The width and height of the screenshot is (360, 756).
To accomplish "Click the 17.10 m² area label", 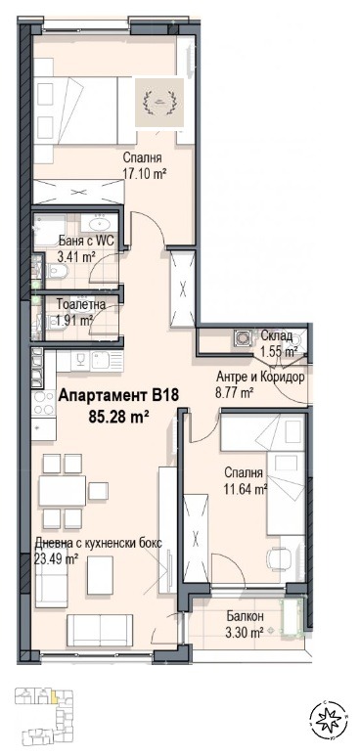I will coord(144,173).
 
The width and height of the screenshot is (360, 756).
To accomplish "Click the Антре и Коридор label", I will coord(260,378).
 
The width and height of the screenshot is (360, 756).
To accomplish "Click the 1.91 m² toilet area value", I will coord(73,319).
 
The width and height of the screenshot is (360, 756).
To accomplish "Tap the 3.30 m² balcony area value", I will coord(241,632).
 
